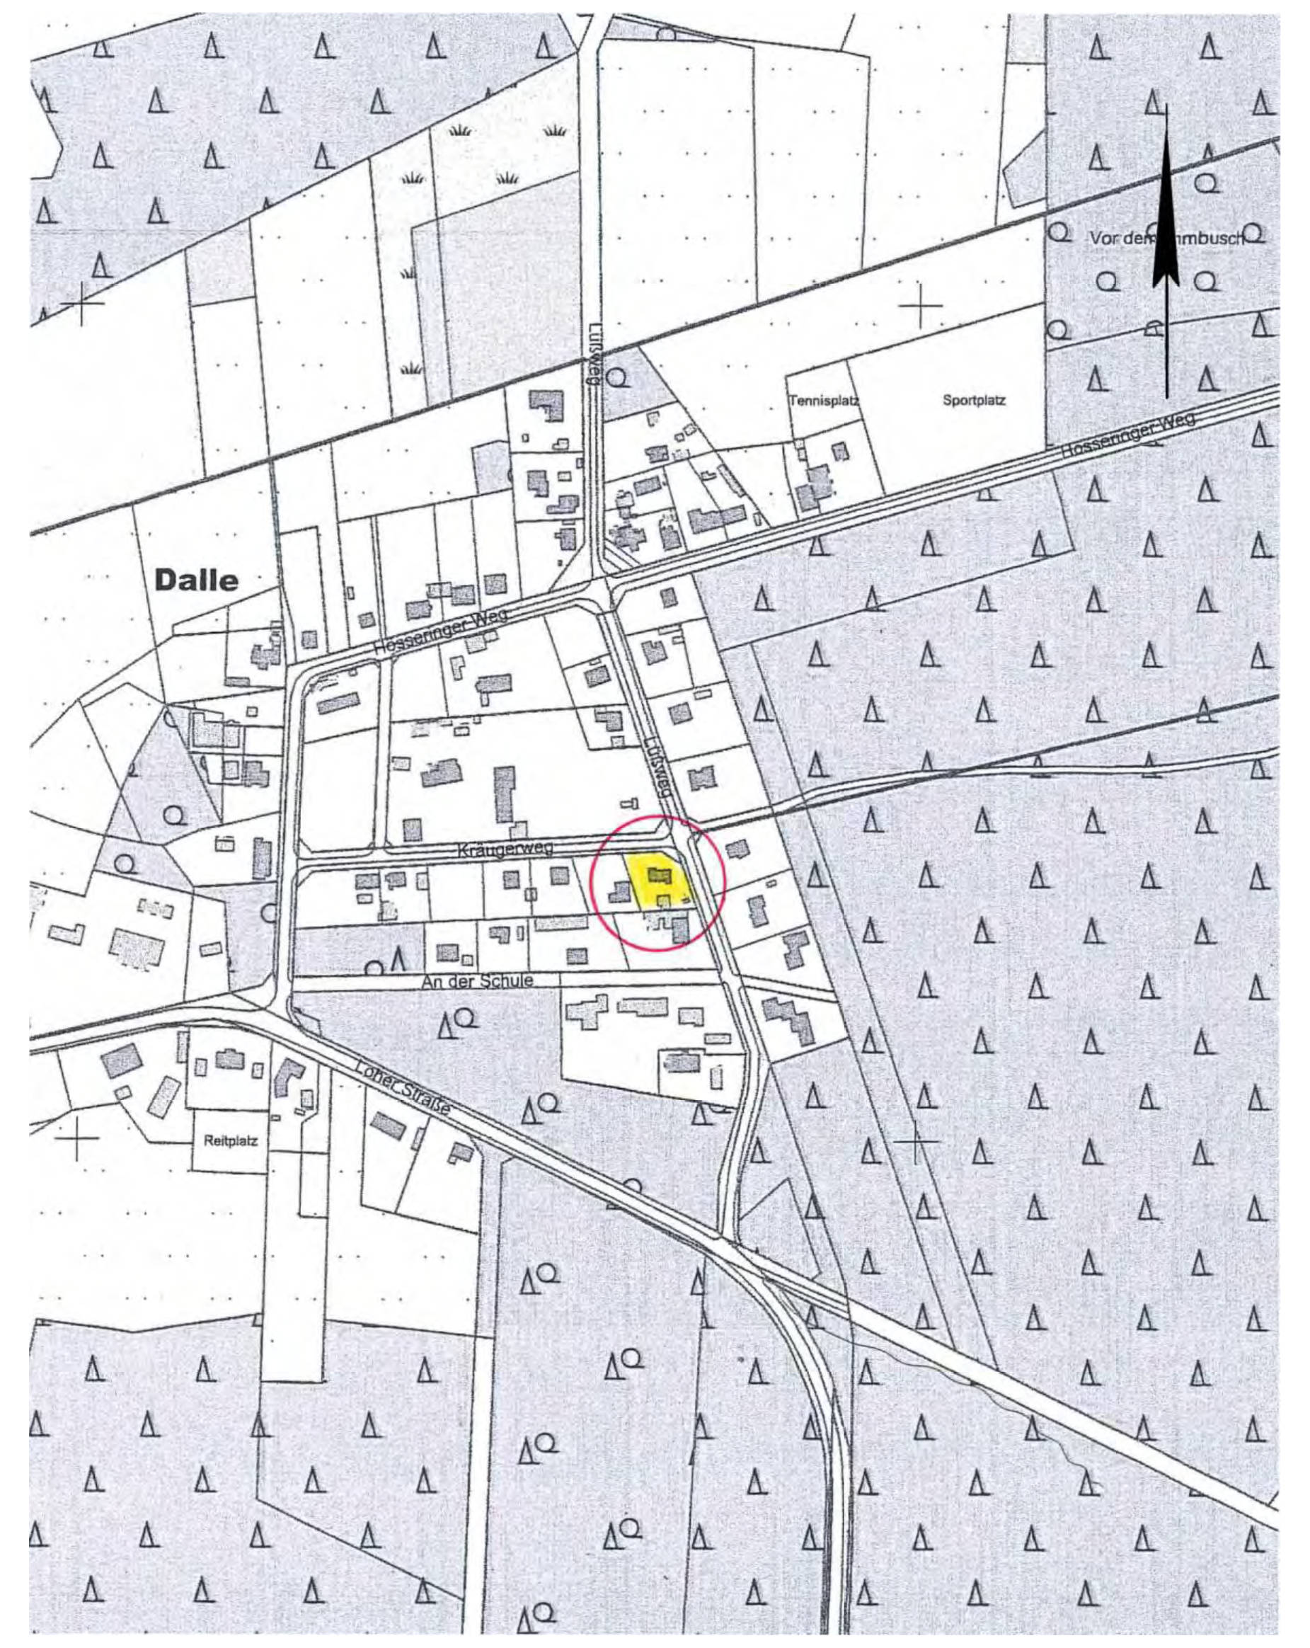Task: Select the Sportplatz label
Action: [x=974, y=400]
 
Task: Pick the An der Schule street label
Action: [x=477, y=980]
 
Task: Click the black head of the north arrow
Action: [x=1166, y=229]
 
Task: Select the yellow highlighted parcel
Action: [x=656, y=879]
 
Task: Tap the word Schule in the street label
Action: [x=505, y=980]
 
